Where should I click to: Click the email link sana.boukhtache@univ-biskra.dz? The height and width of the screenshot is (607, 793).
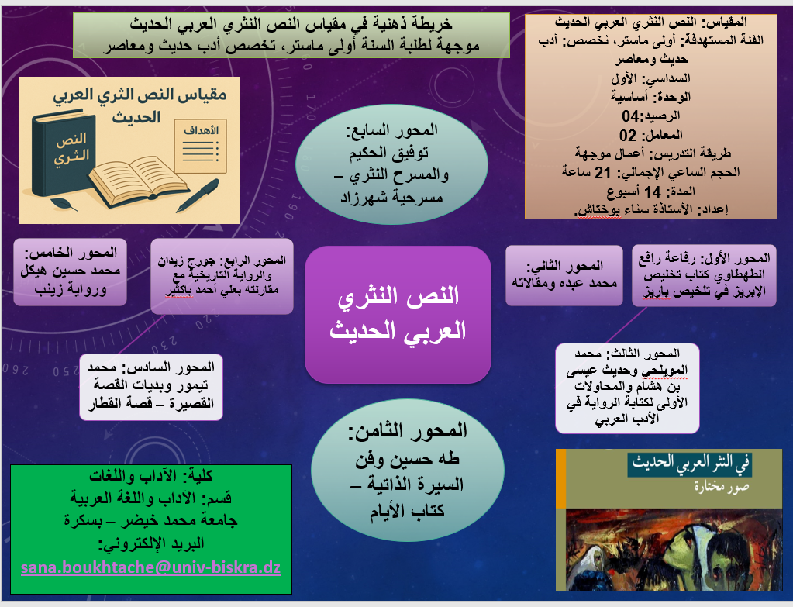pyautogui.click(x=150, y=567)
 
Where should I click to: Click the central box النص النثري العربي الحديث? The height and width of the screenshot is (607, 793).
pyautogui.click(x=398, y=315)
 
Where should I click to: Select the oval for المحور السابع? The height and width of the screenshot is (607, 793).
pyautogui.click(x=392, y=164)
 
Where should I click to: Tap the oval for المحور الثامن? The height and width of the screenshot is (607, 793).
pyautogui.click(x=408, y=470)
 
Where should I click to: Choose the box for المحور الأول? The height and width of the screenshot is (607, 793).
pyautogui.click(x=704, y=276)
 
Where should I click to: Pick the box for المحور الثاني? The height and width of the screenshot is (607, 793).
pyautogui.click(x=564, y=275)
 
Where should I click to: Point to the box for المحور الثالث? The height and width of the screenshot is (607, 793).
pyautogui.click(x=627, y=388)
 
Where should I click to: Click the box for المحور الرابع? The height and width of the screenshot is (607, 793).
pyautogui.click(x=222, y=276)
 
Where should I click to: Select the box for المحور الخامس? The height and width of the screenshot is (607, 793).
pyautogui.click(x=70, y=272)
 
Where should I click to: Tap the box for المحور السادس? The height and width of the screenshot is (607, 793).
pyautogui.click(x=151, y=387)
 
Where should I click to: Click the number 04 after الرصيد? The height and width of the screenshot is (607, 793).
pyautogui.click(x=630, y=116)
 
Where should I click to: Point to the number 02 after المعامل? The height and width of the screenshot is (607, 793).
pyautogui.click(x=628, y=136)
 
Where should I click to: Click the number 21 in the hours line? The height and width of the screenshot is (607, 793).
pyautogui.click(x=603, y=173)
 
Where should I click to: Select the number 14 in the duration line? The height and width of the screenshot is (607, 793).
pyautogui.click(x=653, y=192)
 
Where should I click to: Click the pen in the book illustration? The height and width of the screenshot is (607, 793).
pyautogui.click(x=198, y=195)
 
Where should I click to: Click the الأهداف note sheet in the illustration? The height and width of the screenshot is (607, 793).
pyautogui.click(x=200, y=147)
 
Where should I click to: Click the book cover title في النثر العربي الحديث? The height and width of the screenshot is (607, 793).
pyautogui.click(x=690, y=464)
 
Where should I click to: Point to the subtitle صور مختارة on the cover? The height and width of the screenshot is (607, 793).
pyautogui.click(x=722, y=487)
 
